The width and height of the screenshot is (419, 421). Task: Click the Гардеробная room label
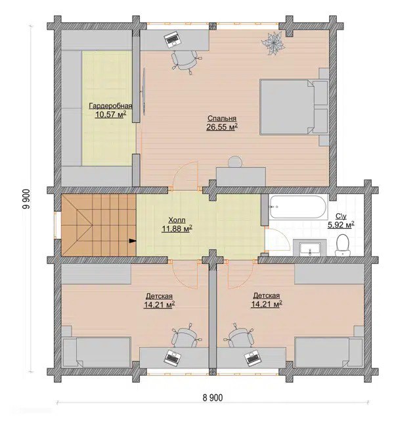110,106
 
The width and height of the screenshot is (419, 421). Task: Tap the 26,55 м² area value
222,127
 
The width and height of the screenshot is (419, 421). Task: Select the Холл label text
177,220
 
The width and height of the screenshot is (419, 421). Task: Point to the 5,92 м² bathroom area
341,225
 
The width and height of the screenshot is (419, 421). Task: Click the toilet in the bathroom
343,245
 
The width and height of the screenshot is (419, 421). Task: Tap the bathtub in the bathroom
298,207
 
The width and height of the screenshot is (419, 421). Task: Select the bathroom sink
309,248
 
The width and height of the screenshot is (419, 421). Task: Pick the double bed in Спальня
294,107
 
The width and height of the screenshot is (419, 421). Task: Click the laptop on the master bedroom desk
172,39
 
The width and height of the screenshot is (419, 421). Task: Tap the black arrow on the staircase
133,241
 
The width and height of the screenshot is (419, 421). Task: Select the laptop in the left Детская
172,357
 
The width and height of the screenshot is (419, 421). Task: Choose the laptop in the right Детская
252,357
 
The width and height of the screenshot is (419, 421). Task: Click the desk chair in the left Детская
185,335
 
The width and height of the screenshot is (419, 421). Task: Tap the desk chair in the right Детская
239,335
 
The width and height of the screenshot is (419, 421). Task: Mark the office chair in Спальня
185,61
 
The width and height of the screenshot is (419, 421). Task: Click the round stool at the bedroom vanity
236,162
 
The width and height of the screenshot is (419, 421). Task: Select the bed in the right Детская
328,352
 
